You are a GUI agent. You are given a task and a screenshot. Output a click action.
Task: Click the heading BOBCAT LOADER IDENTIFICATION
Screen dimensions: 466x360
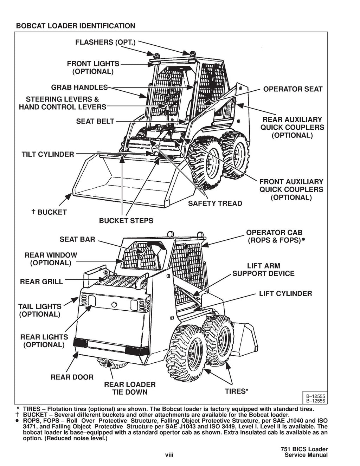coord(75,26)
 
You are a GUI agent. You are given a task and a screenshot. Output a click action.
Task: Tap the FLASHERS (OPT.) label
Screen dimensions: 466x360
coord(105,43)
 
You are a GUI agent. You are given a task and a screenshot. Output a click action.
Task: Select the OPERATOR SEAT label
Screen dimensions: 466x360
coord(292,89)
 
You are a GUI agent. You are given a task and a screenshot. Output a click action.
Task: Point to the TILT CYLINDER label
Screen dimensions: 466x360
coord(48,154)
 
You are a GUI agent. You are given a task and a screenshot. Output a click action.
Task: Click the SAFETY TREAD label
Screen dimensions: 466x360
coord(215,203)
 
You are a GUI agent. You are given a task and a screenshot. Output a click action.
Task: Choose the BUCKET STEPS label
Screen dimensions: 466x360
coord(126,221)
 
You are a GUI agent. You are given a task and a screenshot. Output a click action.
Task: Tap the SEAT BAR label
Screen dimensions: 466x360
coord(77,239)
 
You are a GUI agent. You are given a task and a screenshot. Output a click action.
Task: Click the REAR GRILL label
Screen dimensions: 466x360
coord(41,282)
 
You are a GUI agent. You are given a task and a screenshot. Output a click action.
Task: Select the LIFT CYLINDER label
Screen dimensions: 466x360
coord(285,293)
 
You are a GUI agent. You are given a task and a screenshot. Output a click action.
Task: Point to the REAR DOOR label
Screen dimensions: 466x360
coord(72,377)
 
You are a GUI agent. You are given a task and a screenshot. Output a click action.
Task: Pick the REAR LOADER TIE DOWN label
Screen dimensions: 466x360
coord(130,388)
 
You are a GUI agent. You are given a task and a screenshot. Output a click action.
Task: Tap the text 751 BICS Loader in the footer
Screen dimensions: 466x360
coord(304,449)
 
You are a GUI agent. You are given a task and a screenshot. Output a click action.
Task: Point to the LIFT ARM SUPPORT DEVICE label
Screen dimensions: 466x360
coord(263,270)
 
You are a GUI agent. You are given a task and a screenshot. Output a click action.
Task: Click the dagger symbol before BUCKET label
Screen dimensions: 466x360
coord(33,212)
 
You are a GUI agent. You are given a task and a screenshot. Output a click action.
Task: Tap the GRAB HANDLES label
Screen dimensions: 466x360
coord(79,87)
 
